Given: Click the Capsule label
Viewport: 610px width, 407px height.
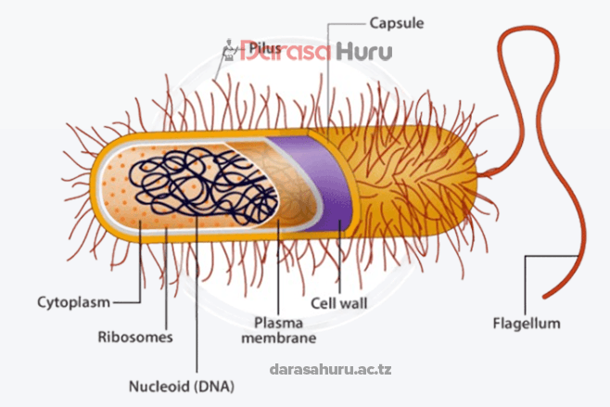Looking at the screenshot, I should (398, 21).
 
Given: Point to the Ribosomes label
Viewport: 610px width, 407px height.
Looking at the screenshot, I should (135, 337).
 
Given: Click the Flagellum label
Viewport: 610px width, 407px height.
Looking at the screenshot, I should (527, 324).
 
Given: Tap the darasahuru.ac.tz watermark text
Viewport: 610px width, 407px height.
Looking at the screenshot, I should (331, 369).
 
